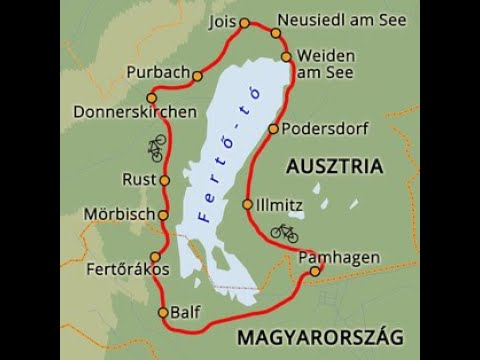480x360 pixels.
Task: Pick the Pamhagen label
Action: click(x=340, y=258)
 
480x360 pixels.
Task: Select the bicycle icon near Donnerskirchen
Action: click(x=155, y=149)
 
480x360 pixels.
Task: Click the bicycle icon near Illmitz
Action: click(x=285, y=232)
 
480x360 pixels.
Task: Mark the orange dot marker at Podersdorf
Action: click(x=273, y=128)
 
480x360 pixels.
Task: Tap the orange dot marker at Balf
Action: click(x=164, y=312)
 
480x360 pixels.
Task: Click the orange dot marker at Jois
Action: click(x=243, y=21)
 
